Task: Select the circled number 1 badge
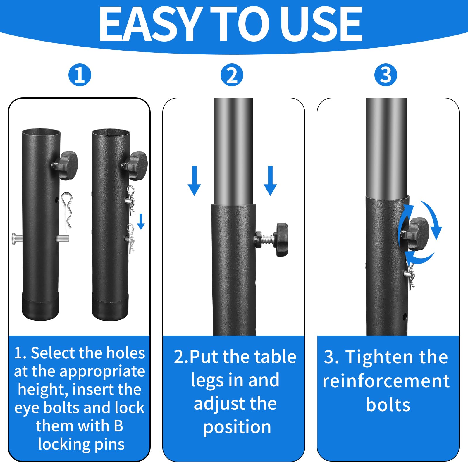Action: [x=80, y=75]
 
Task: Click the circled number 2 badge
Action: [x=232, y=75]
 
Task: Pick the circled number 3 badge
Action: [x=386, y=75]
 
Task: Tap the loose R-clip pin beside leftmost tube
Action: [x=67, y=211]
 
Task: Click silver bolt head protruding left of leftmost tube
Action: [x=16, y=239]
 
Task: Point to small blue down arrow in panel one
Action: [x=141, y=221]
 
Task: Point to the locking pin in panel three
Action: [x=410, y=275]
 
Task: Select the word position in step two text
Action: [x=237, y=427]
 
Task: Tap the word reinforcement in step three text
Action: [x=386, y=381]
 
